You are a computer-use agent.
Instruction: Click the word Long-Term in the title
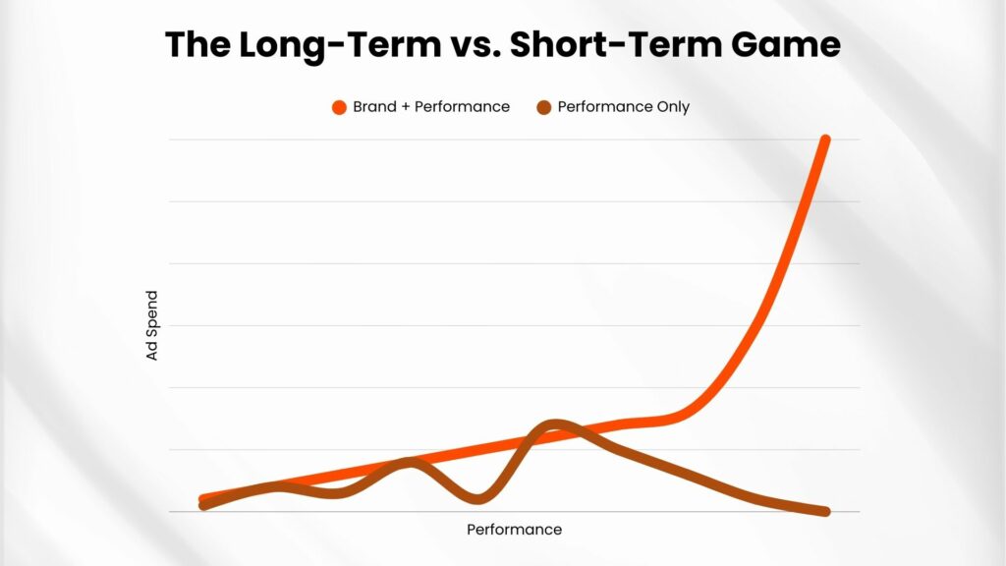click(340, 45)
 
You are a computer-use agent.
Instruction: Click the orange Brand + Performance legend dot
click(339, 107)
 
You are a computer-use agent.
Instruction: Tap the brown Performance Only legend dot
click(544, 107)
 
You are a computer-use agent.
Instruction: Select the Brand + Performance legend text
click(431, 106)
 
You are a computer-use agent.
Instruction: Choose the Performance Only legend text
click(624, 107)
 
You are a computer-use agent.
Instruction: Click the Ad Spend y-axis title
click(151, 325)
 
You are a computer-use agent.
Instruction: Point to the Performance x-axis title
click(515, 530)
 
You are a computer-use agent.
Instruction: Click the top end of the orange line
click(825, 140)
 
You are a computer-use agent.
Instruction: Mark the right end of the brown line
click(826, 511)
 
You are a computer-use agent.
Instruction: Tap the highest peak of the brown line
click(554, 424)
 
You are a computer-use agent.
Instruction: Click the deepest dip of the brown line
click(477, 498)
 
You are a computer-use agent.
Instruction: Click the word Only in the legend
click(673, 107)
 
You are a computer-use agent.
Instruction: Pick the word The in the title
click(196, 45)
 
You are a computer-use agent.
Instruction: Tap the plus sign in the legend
click(405, 107)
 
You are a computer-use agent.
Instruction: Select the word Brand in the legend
click(373, 106)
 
